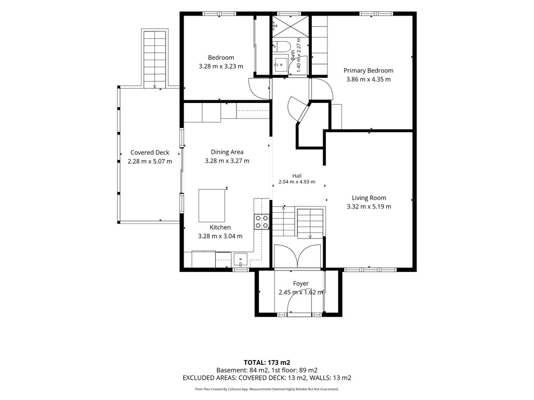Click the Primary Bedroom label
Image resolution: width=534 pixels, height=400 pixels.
pos(368,70)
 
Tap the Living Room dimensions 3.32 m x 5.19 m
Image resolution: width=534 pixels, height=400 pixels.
pos(369,206)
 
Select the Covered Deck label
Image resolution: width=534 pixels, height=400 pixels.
pos(150,153)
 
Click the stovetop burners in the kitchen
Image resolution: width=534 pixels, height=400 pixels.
pos(262,222)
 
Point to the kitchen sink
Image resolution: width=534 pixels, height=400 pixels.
pos(241,260)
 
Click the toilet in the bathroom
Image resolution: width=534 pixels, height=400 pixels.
pos(281,46)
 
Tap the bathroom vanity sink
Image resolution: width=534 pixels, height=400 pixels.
pos(281,64)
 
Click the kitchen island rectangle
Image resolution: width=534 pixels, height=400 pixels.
pos(212,205)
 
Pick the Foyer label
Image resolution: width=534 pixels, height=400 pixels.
pos(301,283)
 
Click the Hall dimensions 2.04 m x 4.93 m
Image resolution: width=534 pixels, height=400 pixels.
pos(296,182)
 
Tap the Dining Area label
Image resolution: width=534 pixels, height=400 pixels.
pos(227,152)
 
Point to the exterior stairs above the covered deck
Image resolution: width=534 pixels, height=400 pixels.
pos(155,59)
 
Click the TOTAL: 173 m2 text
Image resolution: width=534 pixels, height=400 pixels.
pos(266,363)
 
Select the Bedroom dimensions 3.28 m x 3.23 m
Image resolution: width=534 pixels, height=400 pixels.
pos(221,66)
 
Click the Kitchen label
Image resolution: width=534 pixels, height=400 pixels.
pos(220,227)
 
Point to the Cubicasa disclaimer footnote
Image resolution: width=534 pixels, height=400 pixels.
pos(266,389)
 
